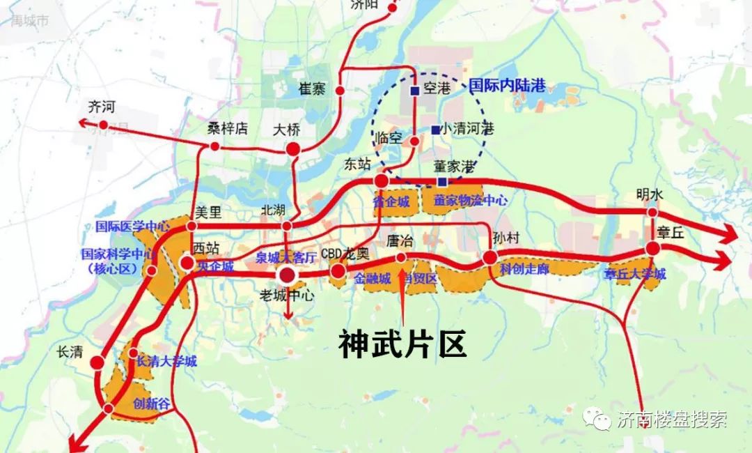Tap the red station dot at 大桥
293,148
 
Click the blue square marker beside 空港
414,91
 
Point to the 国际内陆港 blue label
507,86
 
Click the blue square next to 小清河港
435,130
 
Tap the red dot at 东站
382,181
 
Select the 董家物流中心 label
471,200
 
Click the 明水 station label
650,195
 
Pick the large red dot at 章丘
652,248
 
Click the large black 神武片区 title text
402,344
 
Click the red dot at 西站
188,263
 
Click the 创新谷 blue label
151,404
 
